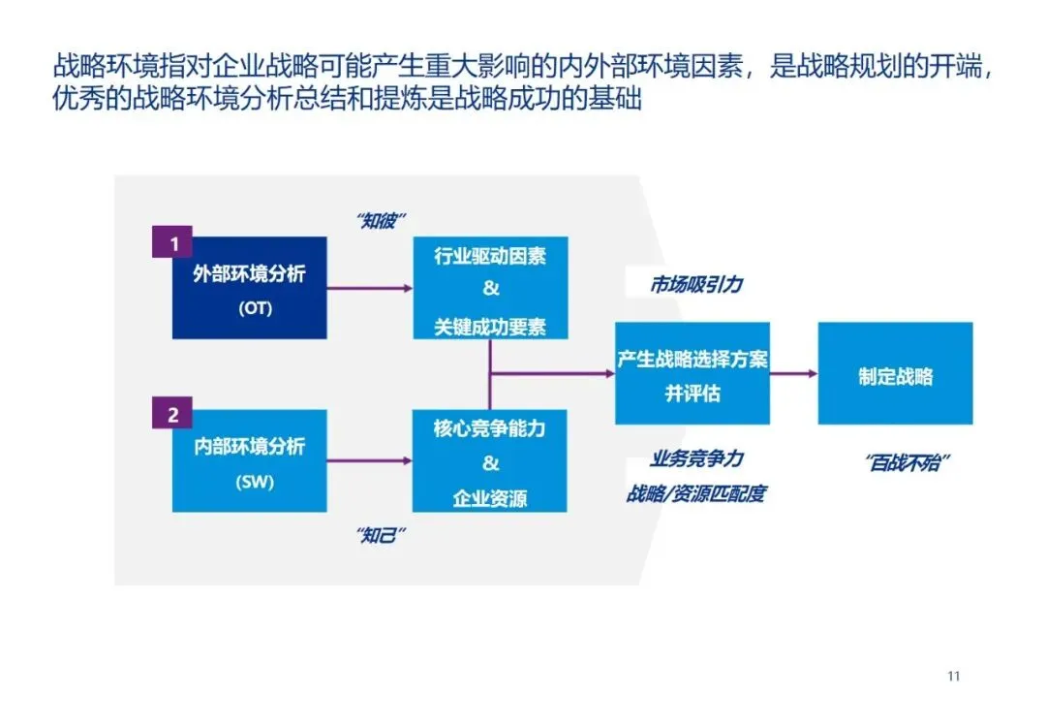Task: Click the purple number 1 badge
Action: pos(173,243)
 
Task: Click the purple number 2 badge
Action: pos(173,415)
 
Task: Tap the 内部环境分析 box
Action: pos(249,461)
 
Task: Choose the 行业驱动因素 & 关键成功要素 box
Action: pos(490,288)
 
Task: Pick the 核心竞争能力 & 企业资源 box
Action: pos(490,461)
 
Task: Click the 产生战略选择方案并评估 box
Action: pos(692,373)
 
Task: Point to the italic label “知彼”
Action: pos(381,221)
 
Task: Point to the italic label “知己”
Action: pos(381,534)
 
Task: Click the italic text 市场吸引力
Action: pos(696,285)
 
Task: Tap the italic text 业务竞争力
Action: pos(696,458)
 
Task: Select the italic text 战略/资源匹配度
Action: pos(695,493)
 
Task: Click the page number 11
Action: pos(953,676)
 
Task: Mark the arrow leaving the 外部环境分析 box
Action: pos(369,288)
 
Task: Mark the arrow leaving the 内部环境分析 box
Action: pos(369,460)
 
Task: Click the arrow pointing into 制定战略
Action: pos(793,373)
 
